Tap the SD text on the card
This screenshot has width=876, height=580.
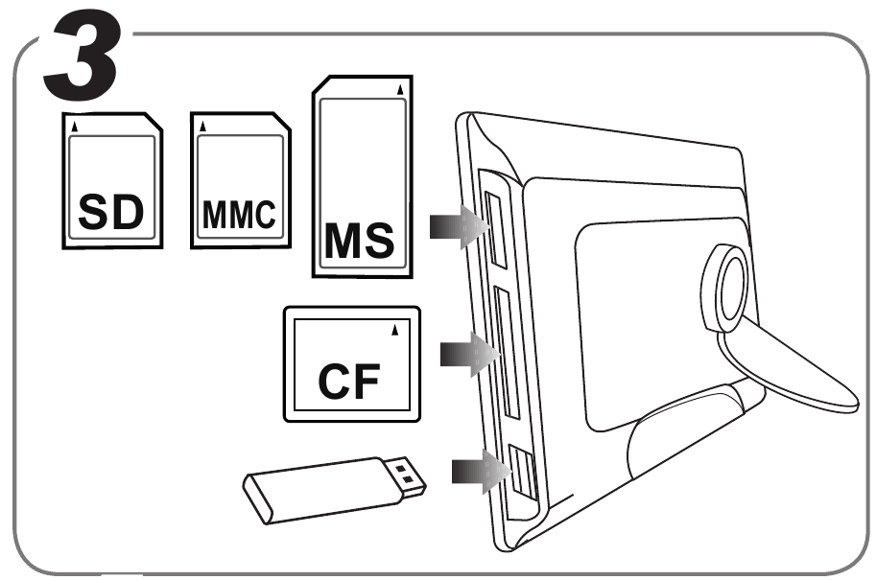pyautogui.click(x=111, y=213)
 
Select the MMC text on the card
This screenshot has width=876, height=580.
pyautogui.click(x=238, y=215)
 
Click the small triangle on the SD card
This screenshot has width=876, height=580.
pyautogui.click(x=76, y=126)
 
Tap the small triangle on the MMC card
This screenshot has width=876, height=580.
pyautogui.click(x=202, y=126)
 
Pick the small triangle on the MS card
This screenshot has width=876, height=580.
pyautogui.click(x=400, y=90)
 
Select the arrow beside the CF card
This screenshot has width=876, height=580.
pyautogui.click(x=469, y=354)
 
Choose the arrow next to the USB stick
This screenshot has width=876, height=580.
pyautogui.click(x=479, y=470)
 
